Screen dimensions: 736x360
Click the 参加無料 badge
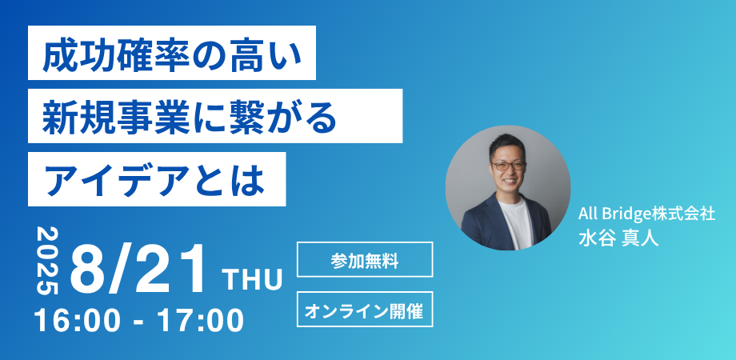pos(365,259)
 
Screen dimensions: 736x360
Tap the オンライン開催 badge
pos(365,310)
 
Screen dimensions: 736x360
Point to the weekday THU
pos(254,280)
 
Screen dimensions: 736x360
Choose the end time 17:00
pos(200,321)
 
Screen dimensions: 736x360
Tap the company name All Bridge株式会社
pos(646,214)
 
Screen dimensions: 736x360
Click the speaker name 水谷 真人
pos(618,238)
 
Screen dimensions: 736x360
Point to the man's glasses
pos(508,166)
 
